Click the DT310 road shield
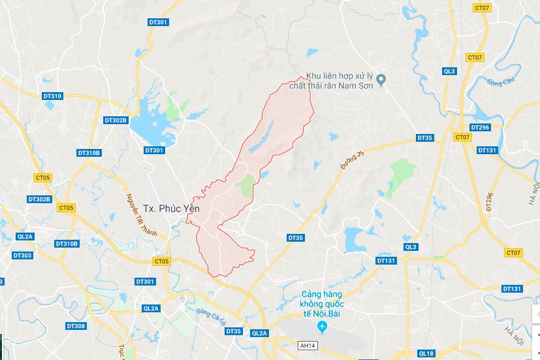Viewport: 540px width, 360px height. (x=52, y=96)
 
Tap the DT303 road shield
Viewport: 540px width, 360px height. (x=22, y=255)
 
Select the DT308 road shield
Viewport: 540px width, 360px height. (x=76, y=325)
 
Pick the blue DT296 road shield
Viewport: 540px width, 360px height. (x=479, y=127)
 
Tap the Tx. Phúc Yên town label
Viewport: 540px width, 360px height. (x=170, y=208)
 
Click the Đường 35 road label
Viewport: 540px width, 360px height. (x=351, y=160)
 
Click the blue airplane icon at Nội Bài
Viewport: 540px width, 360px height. (x=321, y=326)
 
